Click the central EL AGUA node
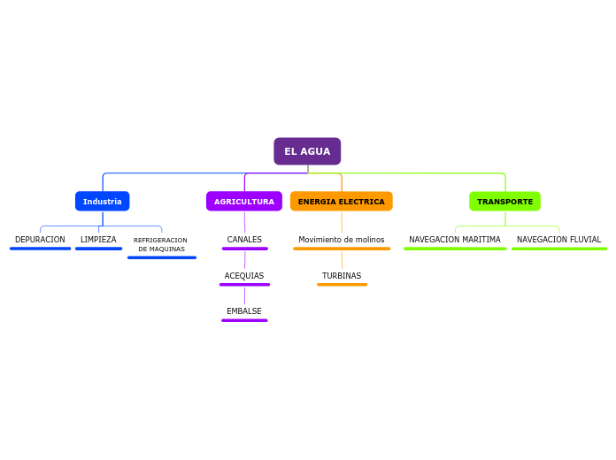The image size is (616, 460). (x=307, y=151)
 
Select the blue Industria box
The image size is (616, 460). (x=103, y=202)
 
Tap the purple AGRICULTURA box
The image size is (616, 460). (x=244, y=202)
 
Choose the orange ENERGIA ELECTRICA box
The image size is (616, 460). (x=342, y=202)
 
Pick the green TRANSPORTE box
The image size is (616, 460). (x=504, y=202)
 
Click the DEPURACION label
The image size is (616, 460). (x=40, y=240)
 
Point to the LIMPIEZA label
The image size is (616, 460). (x=98, y=240)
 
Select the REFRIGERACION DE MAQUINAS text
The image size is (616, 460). (x=161, y=244)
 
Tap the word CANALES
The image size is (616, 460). (x=244, y=240)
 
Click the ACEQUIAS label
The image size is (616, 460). (x=244, y=276)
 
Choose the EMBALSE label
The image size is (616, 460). (x=244, y=311)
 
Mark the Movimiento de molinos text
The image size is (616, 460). (x=342, y=240)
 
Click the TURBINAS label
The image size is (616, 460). (x=342, y=276)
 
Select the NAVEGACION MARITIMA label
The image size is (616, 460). (x=455, y=240)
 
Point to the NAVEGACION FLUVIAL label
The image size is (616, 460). (x=558, y=240)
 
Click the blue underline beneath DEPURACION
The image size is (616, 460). (x=40, y=249)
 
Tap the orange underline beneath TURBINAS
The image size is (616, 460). (x=342, y=285)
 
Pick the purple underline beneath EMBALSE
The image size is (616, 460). (x=244, y=320)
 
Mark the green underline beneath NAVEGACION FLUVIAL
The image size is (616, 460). (x=558, y=249)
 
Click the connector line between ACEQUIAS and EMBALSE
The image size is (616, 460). (x=244, y=295)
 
